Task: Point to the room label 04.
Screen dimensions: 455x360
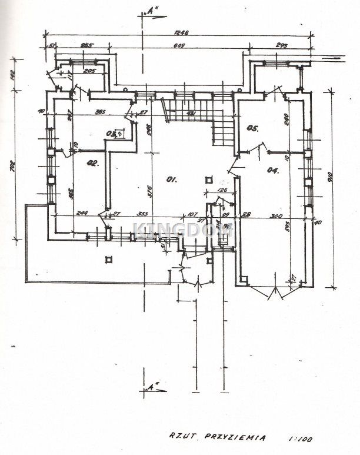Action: pyautogui.click(x=272, y=170)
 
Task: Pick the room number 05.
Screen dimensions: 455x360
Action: pyautogui.click(x=253, y=128)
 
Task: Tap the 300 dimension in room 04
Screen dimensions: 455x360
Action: pyautogui.click(x=275, y=216)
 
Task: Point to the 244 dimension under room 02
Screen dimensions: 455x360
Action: pyautogui.click(x=81, y=214)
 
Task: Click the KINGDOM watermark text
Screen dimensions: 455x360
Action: pyautogui.click(x=183, y=230)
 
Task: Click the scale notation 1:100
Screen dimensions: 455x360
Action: pyautogui.click(x=302, y=438)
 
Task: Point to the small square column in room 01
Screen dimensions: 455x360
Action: pyautogui.click(x=208, y=180)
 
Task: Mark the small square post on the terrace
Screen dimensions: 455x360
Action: pyautogui.click(x=108, y=260)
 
